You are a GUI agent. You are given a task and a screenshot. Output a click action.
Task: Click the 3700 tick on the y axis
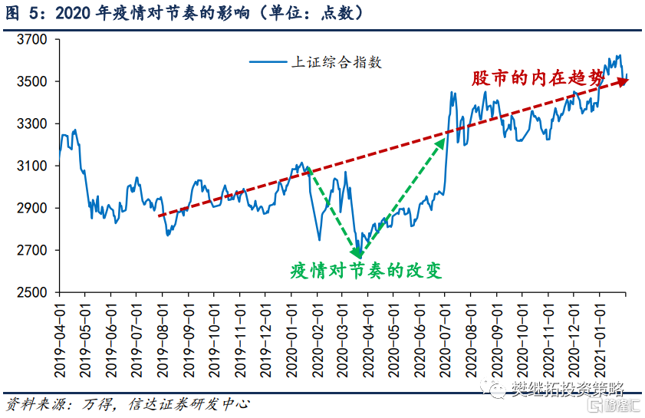33,39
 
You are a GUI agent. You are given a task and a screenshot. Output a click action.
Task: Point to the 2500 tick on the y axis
33,293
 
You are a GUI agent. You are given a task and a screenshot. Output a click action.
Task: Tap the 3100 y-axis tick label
33,166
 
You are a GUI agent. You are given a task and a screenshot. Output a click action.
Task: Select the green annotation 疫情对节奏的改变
367,271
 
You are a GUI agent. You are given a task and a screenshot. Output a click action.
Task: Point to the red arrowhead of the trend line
622,80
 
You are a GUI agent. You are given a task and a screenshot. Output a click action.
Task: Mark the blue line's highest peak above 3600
619,55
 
